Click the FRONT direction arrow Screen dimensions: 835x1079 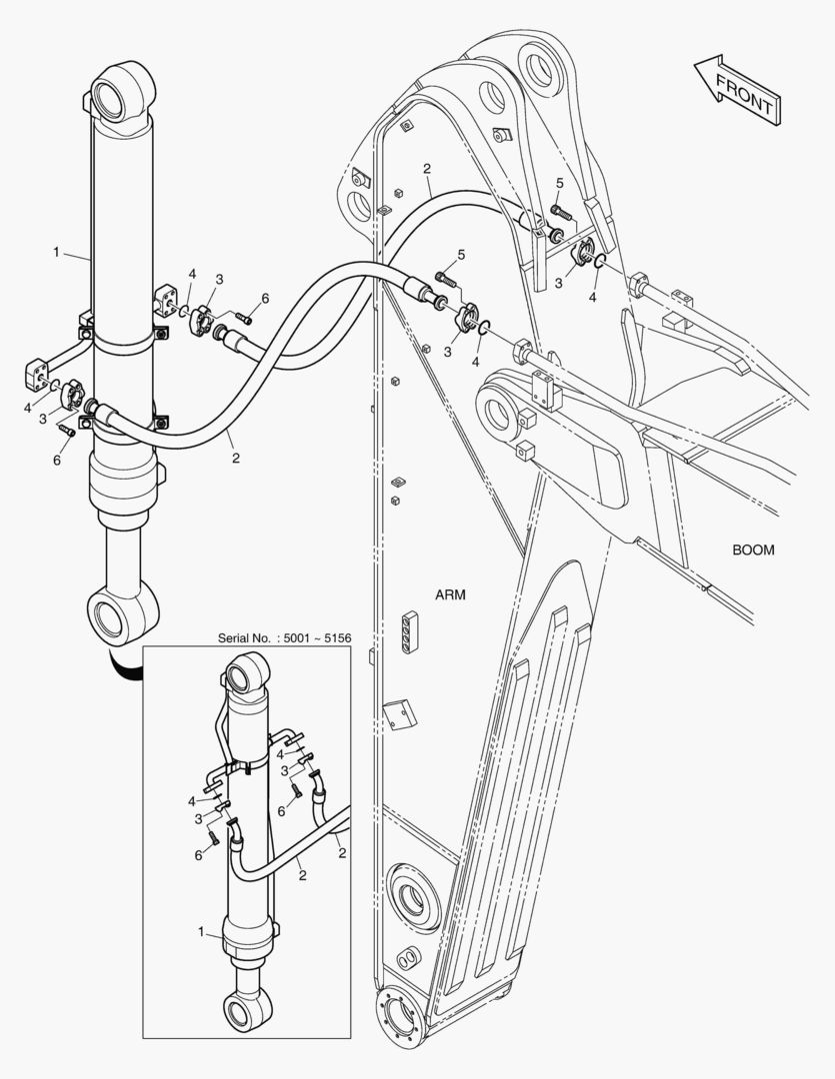737,90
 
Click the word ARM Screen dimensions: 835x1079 450,594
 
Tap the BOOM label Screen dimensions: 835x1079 753,549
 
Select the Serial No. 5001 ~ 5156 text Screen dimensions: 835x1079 285,637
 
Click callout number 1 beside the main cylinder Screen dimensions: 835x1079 56,253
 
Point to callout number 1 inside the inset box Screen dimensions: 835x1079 201,932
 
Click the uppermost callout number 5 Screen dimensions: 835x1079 559,183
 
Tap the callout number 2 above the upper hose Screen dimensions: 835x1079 427,169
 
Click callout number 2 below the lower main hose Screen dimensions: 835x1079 236,458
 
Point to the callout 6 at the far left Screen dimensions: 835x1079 57,460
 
